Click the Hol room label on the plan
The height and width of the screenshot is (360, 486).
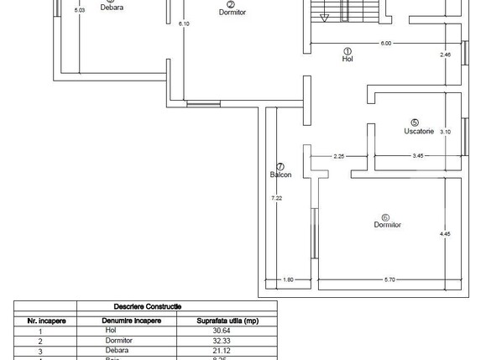point(347,59)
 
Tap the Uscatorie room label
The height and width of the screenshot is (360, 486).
point(417,131)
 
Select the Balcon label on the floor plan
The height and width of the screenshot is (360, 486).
point(280,175)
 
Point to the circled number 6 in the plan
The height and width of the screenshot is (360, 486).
point(385,217)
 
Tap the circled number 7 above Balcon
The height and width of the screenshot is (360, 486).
point(280,166)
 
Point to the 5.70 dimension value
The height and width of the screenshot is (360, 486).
point(390,279)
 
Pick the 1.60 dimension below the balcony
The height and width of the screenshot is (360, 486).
point(286,279)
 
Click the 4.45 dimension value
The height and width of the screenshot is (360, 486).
point(445,233)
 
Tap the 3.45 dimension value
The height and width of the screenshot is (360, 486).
point(417,155)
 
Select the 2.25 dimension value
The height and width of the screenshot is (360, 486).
point(339,155)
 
